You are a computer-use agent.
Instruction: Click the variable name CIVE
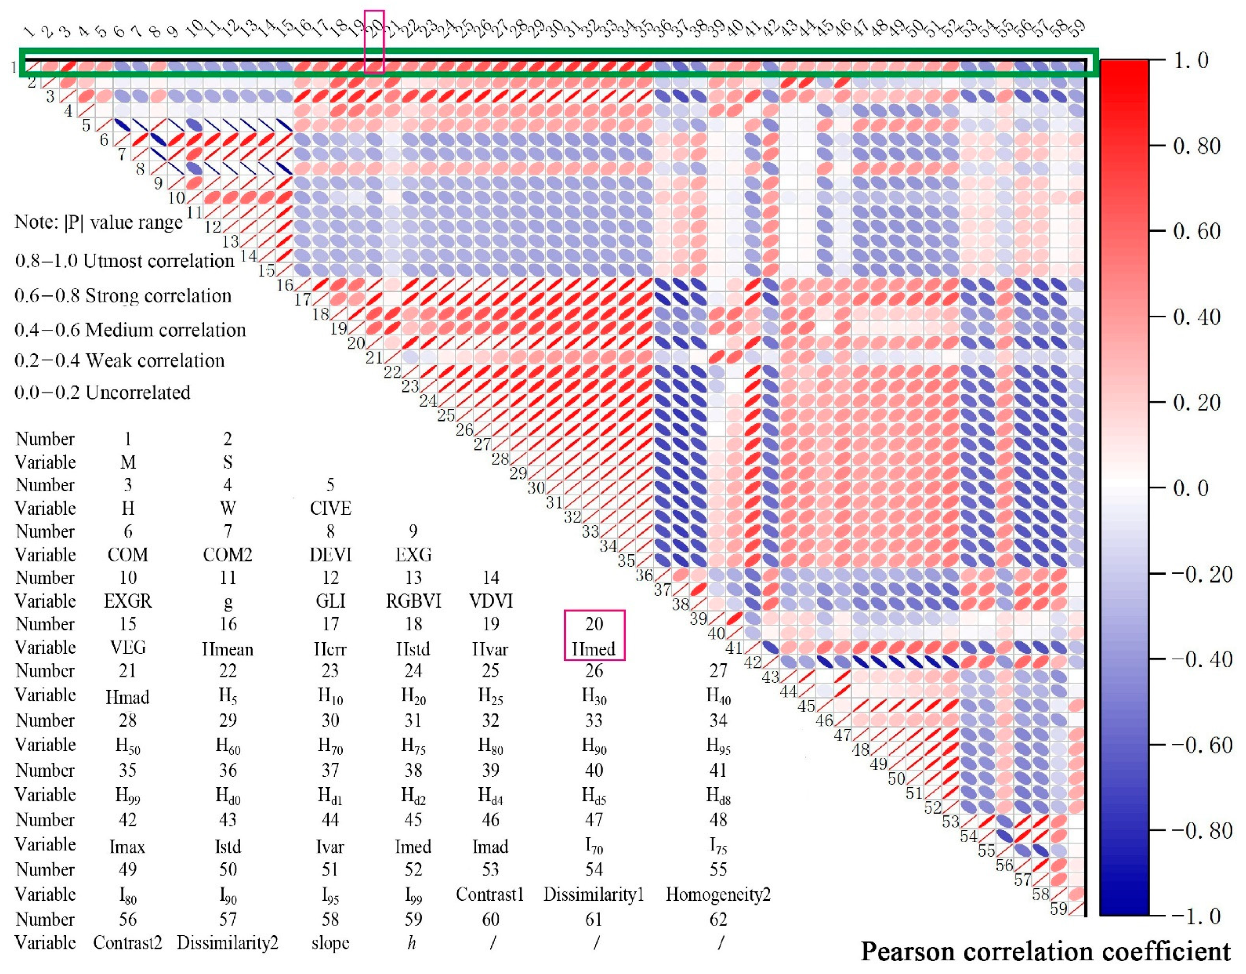pos(330,509)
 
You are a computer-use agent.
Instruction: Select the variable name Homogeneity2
pos(718,894)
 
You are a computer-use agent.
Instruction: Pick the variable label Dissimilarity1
pos(593,894)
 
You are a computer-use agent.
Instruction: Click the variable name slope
pos(330,943)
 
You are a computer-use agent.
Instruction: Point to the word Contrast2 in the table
pos(128,943)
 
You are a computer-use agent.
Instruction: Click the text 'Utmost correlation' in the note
pos(159,261)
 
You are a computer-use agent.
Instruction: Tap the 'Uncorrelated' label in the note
pos(138,393)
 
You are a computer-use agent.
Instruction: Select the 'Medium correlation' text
pos(166,330)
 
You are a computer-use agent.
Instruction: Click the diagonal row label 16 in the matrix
pos(285,284)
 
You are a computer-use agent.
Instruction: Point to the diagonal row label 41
pos(734,648)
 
